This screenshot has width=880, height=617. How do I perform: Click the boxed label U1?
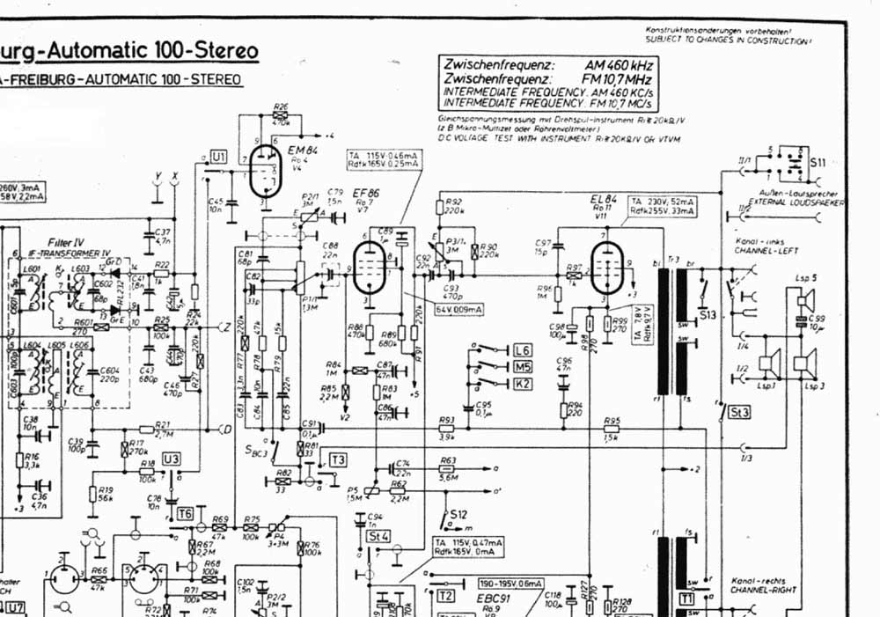[219, 157]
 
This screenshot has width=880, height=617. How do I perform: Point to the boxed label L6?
[523, 349]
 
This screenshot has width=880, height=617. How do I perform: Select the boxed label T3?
[339, 459]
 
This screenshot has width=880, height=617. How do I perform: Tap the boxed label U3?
[172, 459]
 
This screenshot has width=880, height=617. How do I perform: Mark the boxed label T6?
[186, 513]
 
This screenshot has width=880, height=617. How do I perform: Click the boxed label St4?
[378, 535]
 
